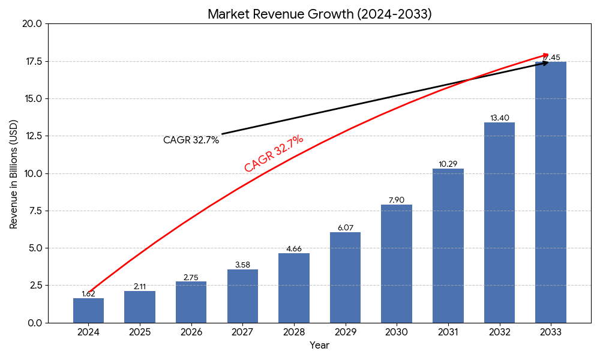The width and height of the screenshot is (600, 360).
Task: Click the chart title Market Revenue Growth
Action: tap(319, 14)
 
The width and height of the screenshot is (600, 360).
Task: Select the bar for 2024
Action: tap(88, 310)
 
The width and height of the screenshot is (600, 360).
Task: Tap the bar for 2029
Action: tap(345, 277)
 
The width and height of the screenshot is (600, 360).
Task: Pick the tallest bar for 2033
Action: tap(550, 192)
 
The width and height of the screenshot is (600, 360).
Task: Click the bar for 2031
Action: tap(448, 245)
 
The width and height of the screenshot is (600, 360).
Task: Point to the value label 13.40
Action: tap(499, 118)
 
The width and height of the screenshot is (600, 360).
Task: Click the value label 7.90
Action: tap(397, 200)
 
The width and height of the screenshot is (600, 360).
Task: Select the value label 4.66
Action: tap(294, 248)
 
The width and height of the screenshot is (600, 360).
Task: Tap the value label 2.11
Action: tap(140, 286)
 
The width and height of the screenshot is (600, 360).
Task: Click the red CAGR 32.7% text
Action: tap(274, 154)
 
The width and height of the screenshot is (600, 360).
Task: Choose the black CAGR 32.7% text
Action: tap(191, 140)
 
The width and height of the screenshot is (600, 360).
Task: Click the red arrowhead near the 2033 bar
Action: tap(545, 55)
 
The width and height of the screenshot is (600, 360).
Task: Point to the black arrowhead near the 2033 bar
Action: tap(545, 62)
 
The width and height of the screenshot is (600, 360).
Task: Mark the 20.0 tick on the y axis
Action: tap(32, 24)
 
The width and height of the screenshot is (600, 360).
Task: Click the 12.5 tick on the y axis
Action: tap(32, 136)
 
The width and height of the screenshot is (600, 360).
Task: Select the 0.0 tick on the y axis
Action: tap(35, 323)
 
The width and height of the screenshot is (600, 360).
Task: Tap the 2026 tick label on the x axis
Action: tap(191, 332)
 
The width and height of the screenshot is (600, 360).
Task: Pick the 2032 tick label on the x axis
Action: tap(499, 332)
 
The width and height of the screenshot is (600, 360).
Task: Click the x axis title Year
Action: tap(319, 346)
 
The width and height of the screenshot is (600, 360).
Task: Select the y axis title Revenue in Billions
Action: tap(14, 174)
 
